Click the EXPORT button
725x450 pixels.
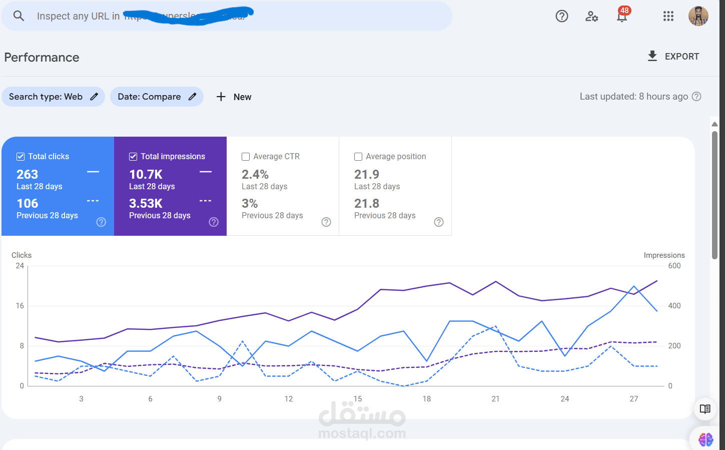673,57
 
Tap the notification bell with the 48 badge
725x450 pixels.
622,17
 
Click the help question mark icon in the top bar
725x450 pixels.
562,17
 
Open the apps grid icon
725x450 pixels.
668,17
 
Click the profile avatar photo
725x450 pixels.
698,16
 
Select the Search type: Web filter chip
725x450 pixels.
53,97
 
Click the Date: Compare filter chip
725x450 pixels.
157,97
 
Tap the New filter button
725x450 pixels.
234,97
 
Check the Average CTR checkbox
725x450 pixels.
246,157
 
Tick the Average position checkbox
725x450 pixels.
358,157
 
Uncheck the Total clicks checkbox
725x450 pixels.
21,157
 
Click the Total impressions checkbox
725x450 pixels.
133,157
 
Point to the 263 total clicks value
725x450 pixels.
28,174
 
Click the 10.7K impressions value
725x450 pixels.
146,174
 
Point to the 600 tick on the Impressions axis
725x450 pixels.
674,266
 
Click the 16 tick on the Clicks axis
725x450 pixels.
20,306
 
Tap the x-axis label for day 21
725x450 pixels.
495,399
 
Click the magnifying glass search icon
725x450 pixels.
19,16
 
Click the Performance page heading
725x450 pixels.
42,58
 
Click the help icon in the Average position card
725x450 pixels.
439,222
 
